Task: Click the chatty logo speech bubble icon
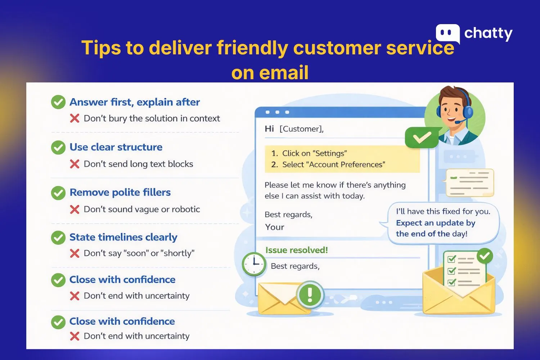pyautogui.click(x=447, y=33)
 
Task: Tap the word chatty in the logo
pyautogui.click(x=488, y=33)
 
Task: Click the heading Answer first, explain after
pyautogui.click(x=135, y=102)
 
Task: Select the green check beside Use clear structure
pyautogui.click(x=58, y=148)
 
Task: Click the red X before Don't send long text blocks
pyautogui.click(x=75, y=164)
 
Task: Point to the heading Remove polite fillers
pyautogui.click(x=120, y=193)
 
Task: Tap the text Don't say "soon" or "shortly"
pyautogui.click(x=139, y=253)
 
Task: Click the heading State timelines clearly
pyautogui.click(x=123, y=237)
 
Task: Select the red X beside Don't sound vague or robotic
pyautogui.click(x=75, y=210)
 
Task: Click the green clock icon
pyautogui.click(x=253, y=264)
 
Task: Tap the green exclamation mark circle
pyautogui.click(x=310, y=295)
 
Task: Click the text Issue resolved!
pyautogui.click(x=297, y=250)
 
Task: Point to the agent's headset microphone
pyautogui.click(x=458, y=122)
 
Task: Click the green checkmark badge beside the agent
pyautogui.click(x=422, y=138)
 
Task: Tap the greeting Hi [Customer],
pyautogui.click(x=294, y=129)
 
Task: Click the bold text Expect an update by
pyautogui.click(x=436, y=223)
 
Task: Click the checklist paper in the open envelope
pyautogui.click(x=464, y=270)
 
